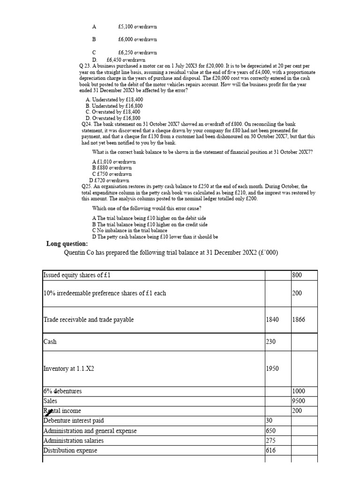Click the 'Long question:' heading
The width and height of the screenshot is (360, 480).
pyautogui.click(x=67, y=244)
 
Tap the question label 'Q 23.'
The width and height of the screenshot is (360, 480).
pyautogui.click(x=87, y=66)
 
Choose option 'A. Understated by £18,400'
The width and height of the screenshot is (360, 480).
pyautogui.click(x=114, y=100)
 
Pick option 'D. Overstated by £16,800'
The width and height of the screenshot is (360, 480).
pyautogui.click(x=113, y=118)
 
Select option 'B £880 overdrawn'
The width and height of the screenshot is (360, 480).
pyautogui.click(x=112, y=167)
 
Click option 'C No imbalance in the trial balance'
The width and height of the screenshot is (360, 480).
pyautogui.click(x=129, y=231)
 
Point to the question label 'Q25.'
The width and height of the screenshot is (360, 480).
pyautogui.click(x=87, y=187)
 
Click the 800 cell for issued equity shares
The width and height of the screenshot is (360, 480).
pyautogui.click(x=297, y=275)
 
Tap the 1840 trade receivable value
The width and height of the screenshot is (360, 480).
pyautogui.click(x=272, y=320)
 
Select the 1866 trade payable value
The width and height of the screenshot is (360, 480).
pyautogui.click(x=298, y=320)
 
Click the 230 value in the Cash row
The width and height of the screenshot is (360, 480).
pyautogui.click(x=270, y=342)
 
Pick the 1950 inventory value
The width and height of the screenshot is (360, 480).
pyautogui.click(x=272, y=368)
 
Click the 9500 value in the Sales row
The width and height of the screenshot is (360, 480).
pyautogui.click(x=298, y=401)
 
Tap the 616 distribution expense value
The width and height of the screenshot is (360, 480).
pyautogui.click(x=270, y=450)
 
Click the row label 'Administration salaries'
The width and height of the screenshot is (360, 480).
pyautogui.click(x=74, y=441)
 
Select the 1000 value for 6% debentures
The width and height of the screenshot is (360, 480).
pyautogui.click(x=298, y=391)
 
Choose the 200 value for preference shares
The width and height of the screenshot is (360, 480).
pyautogui.click(x=297, y=293)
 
